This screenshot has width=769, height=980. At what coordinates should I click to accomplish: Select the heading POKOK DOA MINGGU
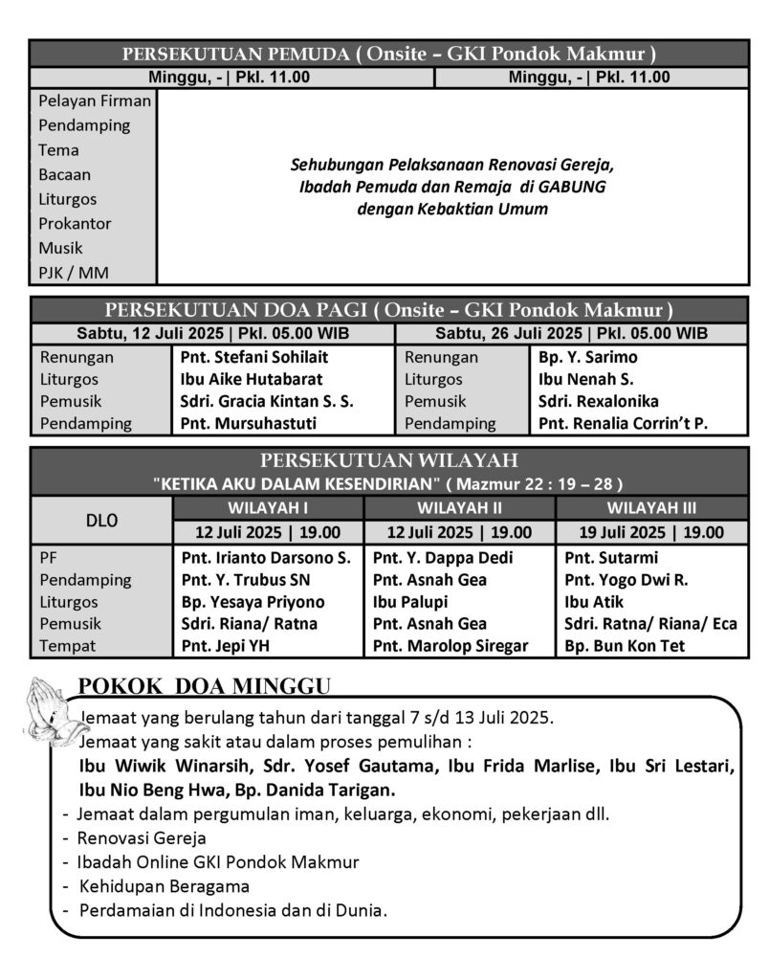click(204, 685)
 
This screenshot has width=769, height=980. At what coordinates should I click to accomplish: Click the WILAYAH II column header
click(459, 507)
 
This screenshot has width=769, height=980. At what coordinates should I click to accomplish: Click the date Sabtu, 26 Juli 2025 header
click(571, 334)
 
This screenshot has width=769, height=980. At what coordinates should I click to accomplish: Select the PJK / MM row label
click(73, 273)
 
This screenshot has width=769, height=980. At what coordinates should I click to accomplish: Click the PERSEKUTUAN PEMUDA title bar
click(387, 55)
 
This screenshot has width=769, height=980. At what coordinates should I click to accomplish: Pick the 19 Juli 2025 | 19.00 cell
click(652, 533)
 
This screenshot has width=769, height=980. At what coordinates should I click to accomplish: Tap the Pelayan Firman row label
click(94, 100)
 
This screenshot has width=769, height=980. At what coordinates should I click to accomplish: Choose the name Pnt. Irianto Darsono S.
click(266, 557)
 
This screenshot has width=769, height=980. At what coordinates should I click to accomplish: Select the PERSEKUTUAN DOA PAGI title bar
click(387, 310)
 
